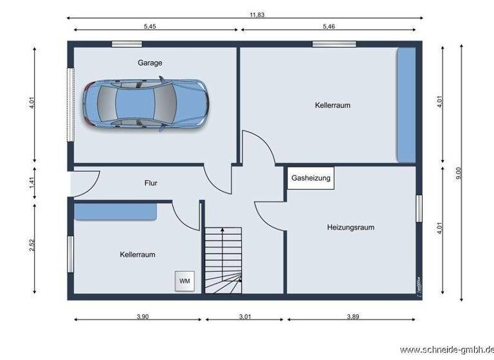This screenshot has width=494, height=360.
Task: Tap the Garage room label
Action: click(x=149, y=63)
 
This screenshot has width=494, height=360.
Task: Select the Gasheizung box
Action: click(x=311, y=178)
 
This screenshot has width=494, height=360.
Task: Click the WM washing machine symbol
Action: click(x=185, y=281)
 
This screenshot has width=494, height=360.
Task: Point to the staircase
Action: click(x=223, y=260)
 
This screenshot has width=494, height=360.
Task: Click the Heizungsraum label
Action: click(x=350, y=227)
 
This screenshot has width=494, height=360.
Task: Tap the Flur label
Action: click(x=151, y=183)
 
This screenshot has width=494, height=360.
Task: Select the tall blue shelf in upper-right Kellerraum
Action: click(x=405, y=104)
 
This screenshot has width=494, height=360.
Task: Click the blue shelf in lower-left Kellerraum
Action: click(x=115, y=212)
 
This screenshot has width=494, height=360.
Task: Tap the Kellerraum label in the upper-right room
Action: click(x=333, y=105)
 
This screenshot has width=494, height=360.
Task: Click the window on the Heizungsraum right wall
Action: click(x=419, y=208)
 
